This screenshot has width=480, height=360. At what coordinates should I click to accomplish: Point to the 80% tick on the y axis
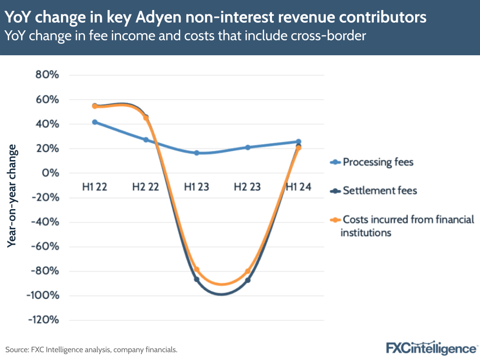(46, 75)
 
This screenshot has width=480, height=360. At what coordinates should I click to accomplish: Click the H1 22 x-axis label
(95, 187)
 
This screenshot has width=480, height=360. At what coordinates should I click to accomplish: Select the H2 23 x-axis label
(247, 187)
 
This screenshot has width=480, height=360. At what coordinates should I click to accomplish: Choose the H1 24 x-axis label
(298, 187)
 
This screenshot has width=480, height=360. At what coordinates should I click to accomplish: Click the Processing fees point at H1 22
(95, 122)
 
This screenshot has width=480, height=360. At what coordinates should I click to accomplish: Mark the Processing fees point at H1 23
(197, 153)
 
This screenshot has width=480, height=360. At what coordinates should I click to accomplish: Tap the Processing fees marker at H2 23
(248, 148)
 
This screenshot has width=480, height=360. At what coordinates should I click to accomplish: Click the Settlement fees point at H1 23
(197, 279)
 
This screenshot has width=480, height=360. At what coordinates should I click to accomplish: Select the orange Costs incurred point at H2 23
(248, 272)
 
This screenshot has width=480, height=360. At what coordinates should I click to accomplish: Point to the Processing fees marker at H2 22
(146, 140)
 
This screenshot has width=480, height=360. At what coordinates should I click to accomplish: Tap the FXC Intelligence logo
(431, 348)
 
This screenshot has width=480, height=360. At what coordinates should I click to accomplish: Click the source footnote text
(91, 349)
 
